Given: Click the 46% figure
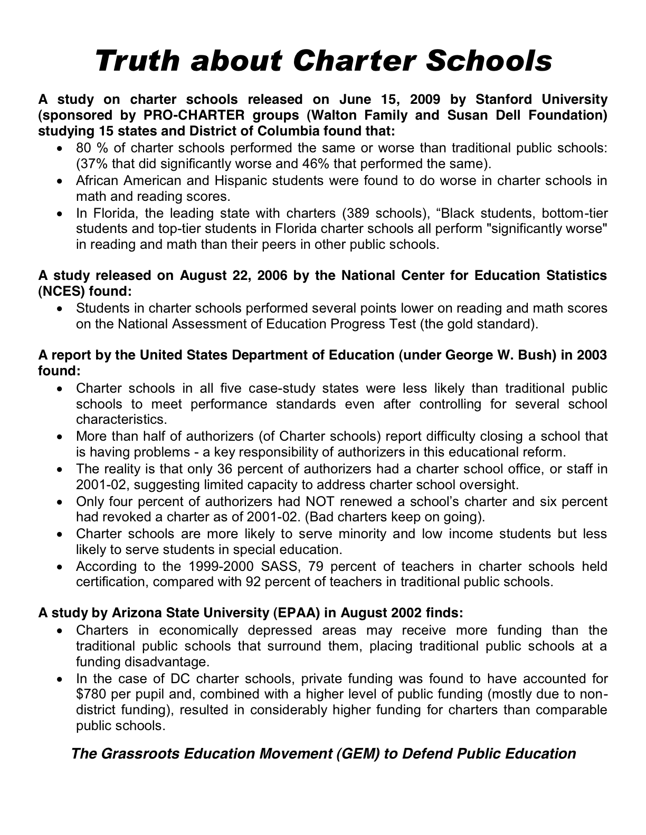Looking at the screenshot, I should coord(301,163).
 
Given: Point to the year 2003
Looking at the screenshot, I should coord(592,355).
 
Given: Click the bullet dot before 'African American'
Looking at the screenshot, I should coord(62,181).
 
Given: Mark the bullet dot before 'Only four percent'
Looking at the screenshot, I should coord(62,501).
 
